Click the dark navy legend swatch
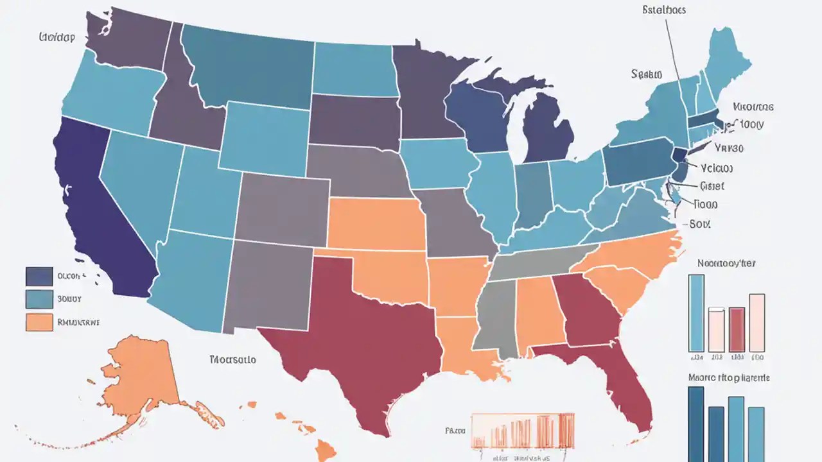tap(39, 277)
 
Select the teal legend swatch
tap(39, 299)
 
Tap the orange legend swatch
tap(39, 322)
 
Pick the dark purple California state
tap(96, 212)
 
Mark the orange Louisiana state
tap(466, 350)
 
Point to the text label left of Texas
tap(232, 359)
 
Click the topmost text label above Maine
tap(663, 10)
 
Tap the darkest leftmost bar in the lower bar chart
tap(696, 424)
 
